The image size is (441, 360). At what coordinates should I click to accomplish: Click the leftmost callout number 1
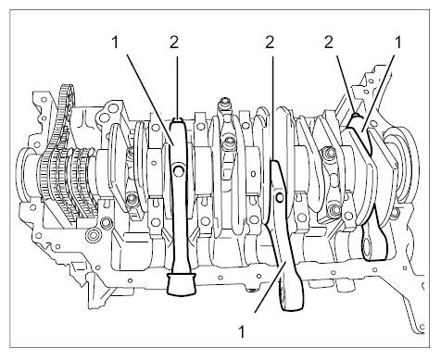pos(115,43)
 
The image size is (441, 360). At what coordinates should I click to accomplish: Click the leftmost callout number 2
pos(174,43)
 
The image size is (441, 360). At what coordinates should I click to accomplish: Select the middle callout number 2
pos(270,43)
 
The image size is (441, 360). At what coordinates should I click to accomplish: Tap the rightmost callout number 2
pos(329,43)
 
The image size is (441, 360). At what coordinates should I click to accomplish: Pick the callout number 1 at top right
pos(398,43)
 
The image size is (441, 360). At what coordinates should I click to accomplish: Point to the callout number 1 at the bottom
pos(243,332)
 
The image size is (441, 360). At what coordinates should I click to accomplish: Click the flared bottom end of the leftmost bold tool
pos(182,284)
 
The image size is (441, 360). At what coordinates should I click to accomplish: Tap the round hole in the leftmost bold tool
pos(179,169)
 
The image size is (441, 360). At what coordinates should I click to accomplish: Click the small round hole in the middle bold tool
pos(280,196)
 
